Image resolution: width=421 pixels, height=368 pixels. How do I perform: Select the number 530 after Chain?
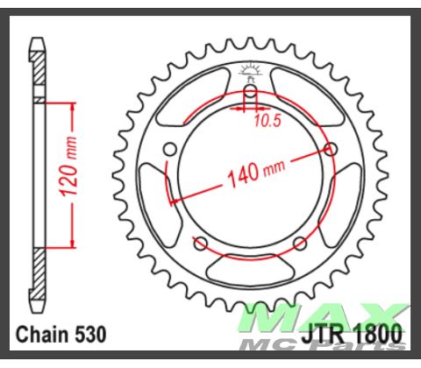[x=91, y=334]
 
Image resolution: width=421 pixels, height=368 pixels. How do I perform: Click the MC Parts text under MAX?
[x=351, y=345]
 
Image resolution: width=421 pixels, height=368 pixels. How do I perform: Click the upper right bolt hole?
[x=331, y=149]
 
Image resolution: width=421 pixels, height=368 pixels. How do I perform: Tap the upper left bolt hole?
[x=170, y=149]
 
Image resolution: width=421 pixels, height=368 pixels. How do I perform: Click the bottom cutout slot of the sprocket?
[x=250, y=265]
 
